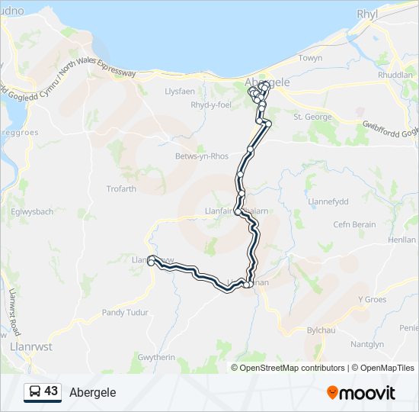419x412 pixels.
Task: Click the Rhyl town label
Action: [368, 14]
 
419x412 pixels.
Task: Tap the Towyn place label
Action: [310, 58]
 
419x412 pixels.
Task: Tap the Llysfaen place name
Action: [180, 89]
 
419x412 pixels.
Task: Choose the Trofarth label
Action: [121, 188]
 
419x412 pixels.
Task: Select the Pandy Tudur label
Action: [125, 313]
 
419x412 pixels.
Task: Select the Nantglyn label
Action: [369, 345]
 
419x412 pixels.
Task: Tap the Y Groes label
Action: [373, 299]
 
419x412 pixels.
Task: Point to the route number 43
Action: [51, 391]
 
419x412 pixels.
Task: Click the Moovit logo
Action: [361, 393]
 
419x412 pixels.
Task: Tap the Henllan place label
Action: [401, 240]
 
